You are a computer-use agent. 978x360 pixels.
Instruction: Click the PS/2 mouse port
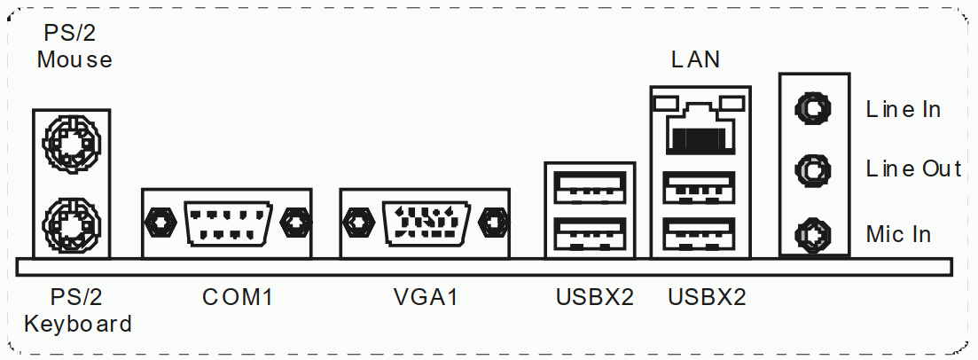pos(71,142)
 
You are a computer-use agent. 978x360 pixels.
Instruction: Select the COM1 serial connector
pos(226,221)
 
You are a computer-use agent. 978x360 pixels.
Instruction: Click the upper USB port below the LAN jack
pos(700,187)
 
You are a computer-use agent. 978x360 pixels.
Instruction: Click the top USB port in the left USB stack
pos(590,187)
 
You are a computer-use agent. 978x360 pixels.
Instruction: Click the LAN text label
pos(695,60)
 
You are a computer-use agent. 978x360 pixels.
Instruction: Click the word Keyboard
pos(78,324)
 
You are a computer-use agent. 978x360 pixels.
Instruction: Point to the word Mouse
pos(74,60)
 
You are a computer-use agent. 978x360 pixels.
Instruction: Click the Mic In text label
pos(898,234)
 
